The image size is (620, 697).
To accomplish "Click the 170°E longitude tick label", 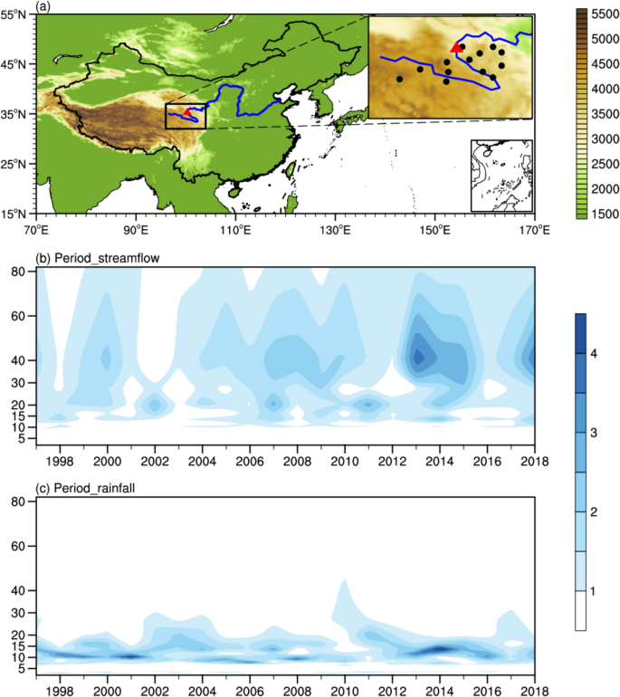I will tap(534, 230).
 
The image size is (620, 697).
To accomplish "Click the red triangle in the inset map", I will tap(455, 47).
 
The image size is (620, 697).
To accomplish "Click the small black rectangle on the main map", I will tap(186, 115).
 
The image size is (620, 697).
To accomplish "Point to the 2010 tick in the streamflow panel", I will tap(345, 451).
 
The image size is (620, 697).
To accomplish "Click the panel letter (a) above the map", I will tap(43, 6).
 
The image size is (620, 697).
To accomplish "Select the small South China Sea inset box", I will tap(501, 175).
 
